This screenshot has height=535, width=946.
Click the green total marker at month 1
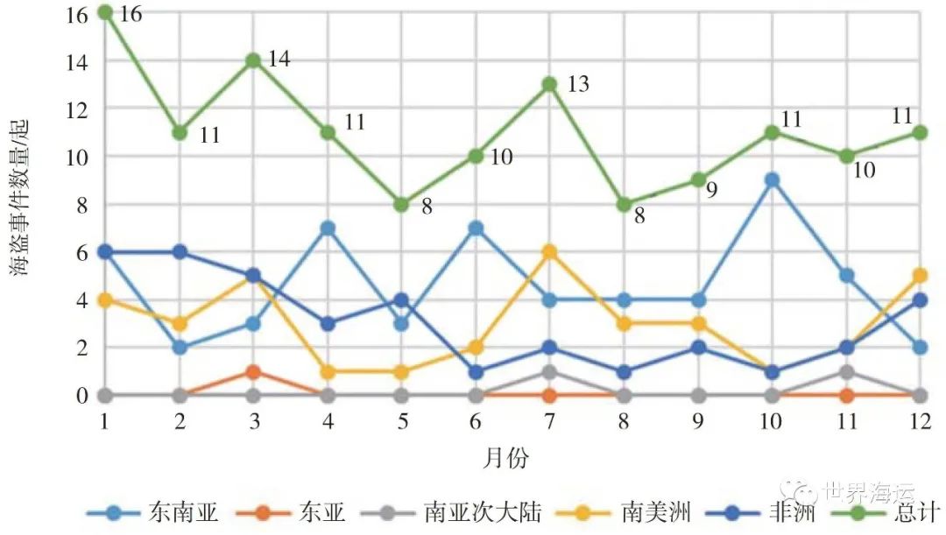[105, 12]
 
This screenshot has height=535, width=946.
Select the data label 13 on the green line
[578, 84]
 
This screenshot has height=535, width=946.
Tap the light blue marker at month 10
[772, 180]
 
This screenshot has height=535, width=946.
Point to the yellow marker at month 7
[549, 252]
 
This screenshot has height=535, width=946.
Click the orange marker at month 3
[253, 371]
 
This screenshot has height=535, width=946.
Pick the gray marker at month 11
[846, 371]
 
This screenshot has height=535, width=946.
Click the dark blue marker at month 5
[401, 299]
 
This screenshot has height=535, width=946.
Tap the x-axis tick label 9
[698, 420]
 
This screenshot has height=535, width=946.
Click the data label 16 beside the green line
[131, 15]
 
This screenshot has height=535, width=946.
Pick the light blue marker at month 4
[328, 229]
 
